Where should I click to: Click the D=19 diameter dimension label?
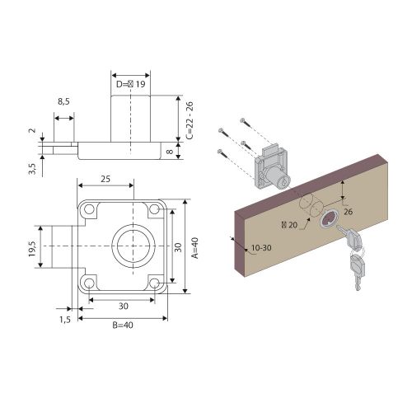[130, 84]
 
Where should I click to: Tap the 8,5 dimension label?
[63, 101]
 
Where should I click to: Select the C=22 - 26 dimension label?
[190, 120]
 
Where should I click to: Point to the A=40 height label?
[195, 248]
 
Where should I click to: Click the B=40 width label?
[123, 325]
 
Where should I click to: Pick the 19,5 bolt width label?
[32, 249]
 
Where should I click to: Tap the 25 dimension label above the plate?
[105, 179]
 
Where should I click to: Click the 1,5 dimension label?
[65, 320]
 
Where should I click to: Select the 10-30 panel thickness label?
[261, 248]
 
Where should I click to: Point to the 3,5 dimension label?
[32, 169]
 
